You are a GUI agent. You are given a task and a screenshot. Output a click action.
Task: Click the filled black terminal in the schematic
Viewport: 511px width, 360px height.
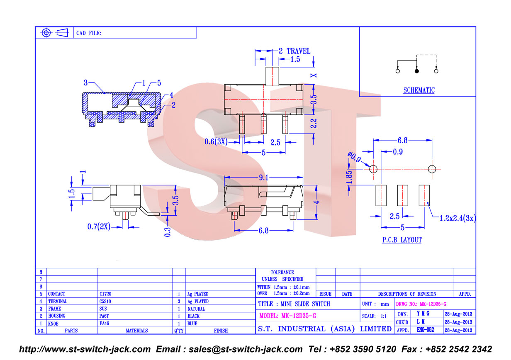pyautogui.click(x=416, y=71)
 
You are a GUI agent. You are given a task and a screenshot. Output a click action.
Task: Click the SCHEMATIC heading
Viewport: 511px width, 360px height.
pyautogui.click(x=419, y=90)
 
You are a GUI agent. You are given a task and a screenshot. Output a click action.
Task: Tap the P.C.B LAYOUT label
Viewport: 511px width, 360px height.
pyautogui.click(x=402, y=240)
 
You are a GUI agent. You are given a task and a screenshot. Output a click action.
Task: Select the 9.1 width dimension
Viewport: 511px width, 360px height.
pyautogui.click(x=264, y=177)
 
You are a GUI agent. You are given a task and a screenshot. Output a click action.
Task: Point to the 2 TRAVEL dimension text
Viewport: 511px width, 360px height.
pyautogui.click(x=294, y=51)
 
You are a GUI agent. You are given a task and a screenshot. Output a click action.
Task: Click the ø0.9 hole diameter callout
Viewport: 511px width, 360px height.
pyautogui.click(x=354, y=157)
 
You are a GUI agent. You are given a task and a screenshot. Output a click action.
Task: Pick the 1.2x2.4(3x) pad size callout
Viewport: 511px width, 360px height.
pyautogui.click(x=457, y=218)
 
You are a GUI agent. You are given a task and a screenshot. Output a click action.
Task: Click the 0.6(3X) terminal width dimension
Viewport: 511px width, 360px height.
pyautogui.click(x=216, y=142)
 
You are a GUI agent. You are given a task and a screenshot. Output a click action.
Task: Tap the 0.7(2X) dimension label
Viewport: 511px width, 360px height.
pyautogui.click(x=99, y=226)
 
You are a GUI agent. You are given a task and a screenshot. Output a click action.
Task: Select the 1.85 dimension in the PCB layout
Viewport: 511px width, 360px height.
pyautogui.click(x=349, y=177)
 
